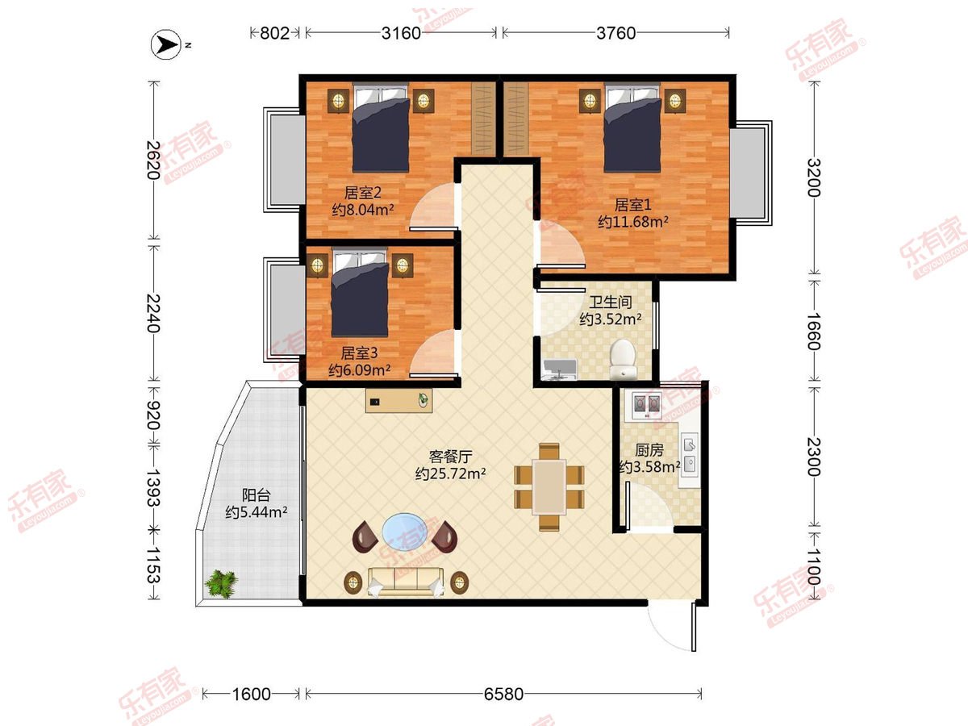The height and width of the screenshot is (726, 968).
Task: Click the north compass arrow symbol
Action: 166,44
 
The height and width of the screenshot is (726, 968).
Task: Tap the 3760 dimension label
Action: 615,33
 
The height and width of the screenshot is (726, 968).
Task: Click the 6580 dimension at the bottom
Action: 503,695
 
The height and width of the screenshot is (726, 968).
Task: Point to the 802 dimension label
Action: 275,33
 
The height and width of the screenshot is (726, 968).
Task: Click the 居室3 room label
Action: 360,353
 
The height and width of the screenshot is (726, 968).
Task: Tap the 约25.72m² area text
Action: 450,474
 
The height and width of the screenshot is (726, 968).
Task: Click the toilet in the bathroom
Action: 623,358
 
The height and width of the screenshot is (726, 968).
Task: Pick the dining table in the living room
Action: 549,487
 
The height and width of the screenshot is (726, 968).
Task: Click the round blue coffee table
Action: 405,532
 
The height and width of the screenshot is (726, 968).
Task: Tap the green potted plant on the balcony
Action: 222,583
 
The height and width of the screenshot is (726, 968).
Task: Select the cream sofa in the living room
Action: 406,582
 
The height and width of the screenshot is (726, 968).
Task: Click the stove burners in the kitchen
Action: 647,405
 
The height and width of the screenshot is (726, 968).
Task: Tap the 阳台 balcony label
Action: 257,495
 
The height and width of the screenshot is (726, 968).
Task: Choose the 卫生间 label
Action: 611,302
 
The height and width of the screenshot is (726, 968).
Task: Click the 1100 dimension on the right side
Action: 814,566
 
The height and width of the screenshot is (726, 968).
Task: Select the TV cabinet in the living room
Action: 398,401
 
